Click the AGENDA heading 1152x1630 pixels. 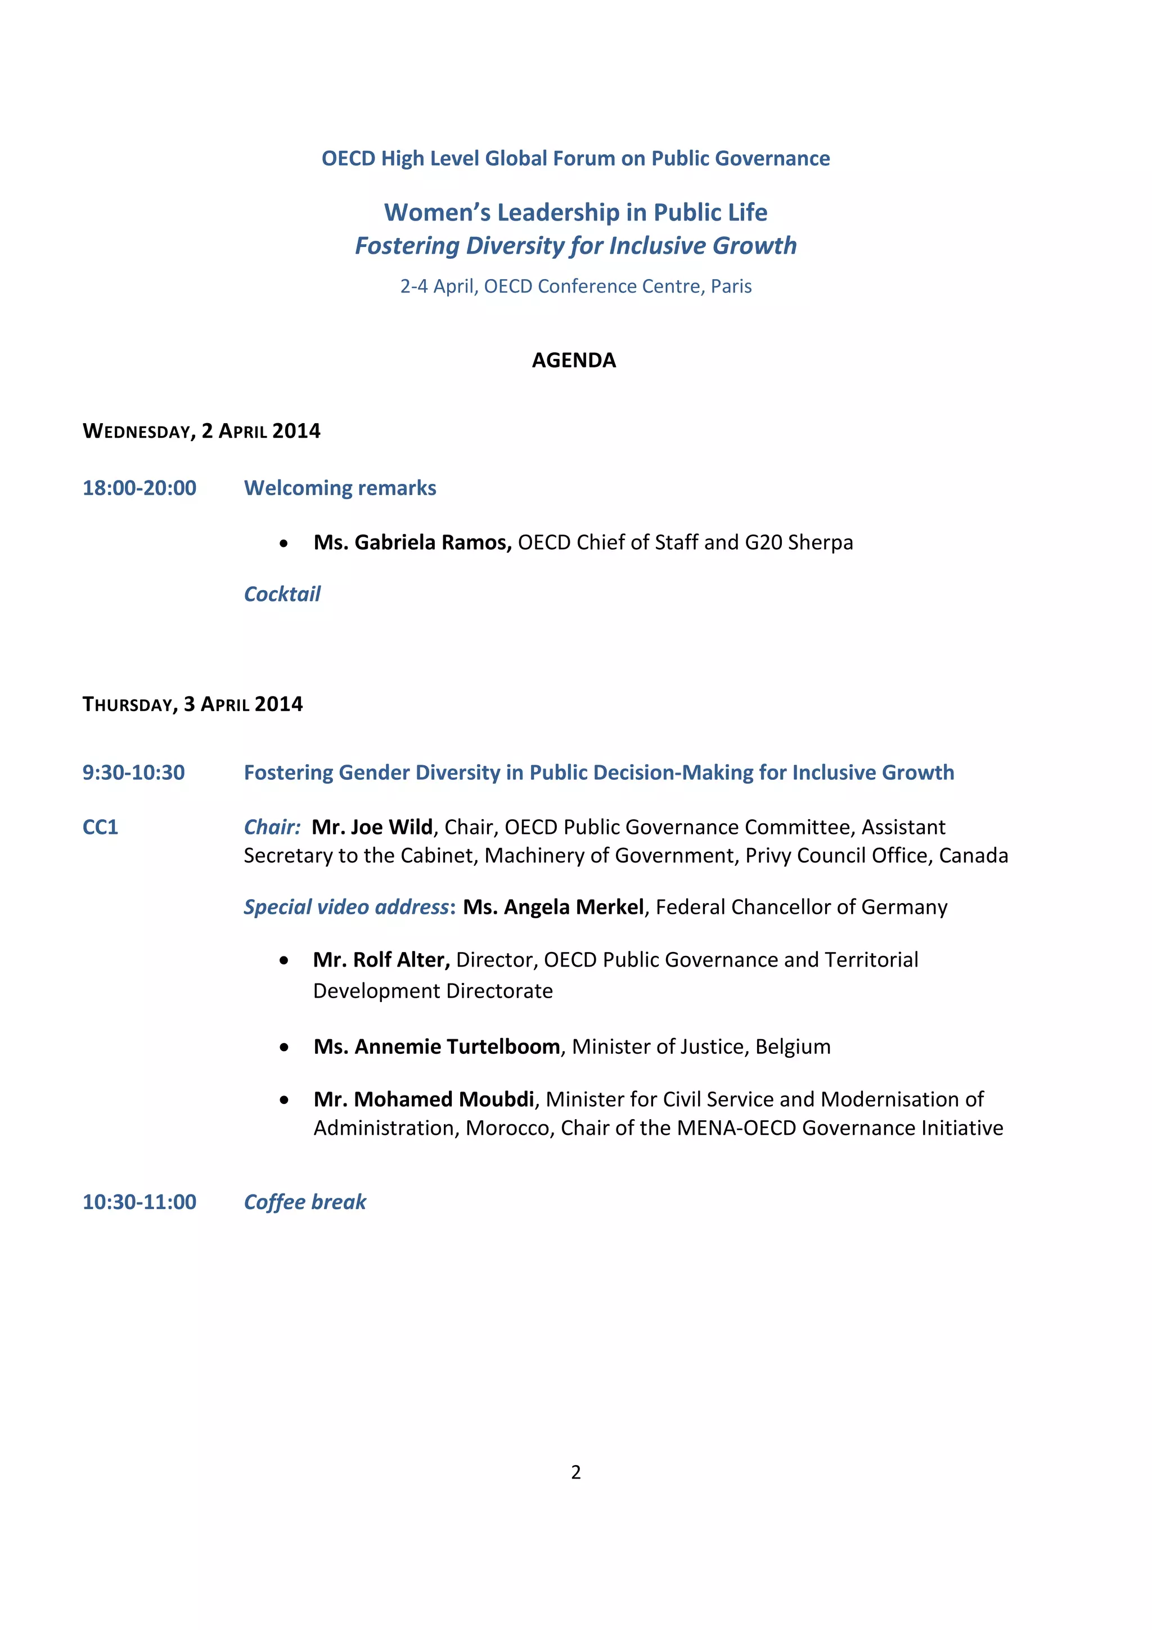tap(574, 361)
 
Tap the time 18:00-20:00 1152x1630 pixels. tap(139, 488)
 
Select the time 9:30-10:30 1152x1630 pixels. tap(133, 773)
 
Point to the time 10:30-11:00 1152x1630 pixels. tap(139, 1202)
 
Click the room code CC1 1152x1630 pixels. tap(100, 827)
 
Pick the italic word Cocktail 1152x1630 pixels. tap(282, 594)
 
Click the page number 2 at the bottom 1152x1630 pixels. tap(575, 1472)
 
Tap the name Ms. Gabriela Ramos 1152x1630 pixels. tap(412, 542)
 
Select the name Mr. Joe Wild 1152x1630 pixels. tap(372, 827)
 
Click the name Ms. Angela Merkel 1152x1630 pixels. tap(553, 908)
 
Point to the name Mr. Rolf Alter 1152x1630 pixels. tap(381, 960)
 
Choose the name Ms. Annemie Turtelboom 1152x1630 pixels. tap(436, 1047)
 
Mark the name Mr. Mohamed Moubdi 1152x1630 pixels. tap(424, 1099)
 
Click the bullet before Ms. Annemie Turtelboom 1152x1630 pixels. tap(284, 1047)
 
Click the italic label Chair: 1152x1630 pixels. tap(272, 827)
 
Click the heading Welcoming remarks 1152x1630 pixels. tap(340, 488)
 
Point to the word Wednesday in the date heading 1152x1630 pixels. tap(136, 432)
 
